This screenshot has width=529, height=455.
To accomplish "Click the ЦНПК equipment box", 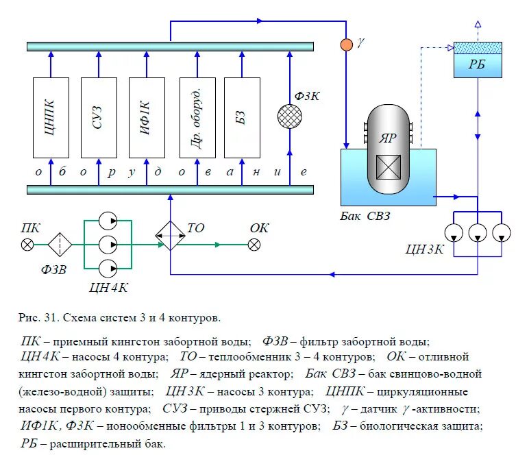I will pyautogui.click(x=51, y=118).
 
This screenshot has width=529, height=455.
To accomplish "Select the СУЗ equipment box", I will pyautogui.click(x=99, y=118).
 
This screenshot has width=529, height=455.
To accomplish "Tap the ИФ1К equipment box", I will pyautogui.click(x=147, y=118).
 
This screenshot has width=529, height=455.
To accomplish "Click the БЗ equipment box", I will pyautogui.click(x=242, y=118).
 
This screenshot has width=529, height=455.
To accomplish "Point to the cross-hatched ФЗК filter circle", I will pyautogui.click(x=290, y=116).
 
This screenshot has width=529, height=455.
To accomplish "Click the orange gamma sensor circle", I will pyautogui.click(x=347, y=45).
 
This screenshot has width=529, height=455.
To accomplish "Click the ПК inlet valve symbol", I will pyautogui.click(x=27, y=245).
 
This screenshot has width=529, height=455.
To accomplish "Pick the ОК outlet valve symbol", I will pyautogui.click(x=254, y=245).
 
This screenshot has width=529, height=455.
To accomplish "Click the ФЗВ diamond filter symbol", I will pyautogui.click(x=60, y=245).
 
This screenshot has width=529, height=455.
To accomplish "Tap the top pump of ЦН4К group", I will pyautogui.click(x=108, y=221).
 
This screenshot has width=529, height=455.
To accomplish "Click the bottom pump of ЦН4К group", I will pyautogui.click(x=108, y=267).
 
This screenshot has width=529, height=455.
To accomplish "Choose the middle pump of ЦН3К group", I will pyautogui.click(x=477, y=233).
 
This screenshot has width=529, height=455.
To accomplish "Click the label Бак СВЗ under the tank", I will pyautogui.click(x=367, y=217).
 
